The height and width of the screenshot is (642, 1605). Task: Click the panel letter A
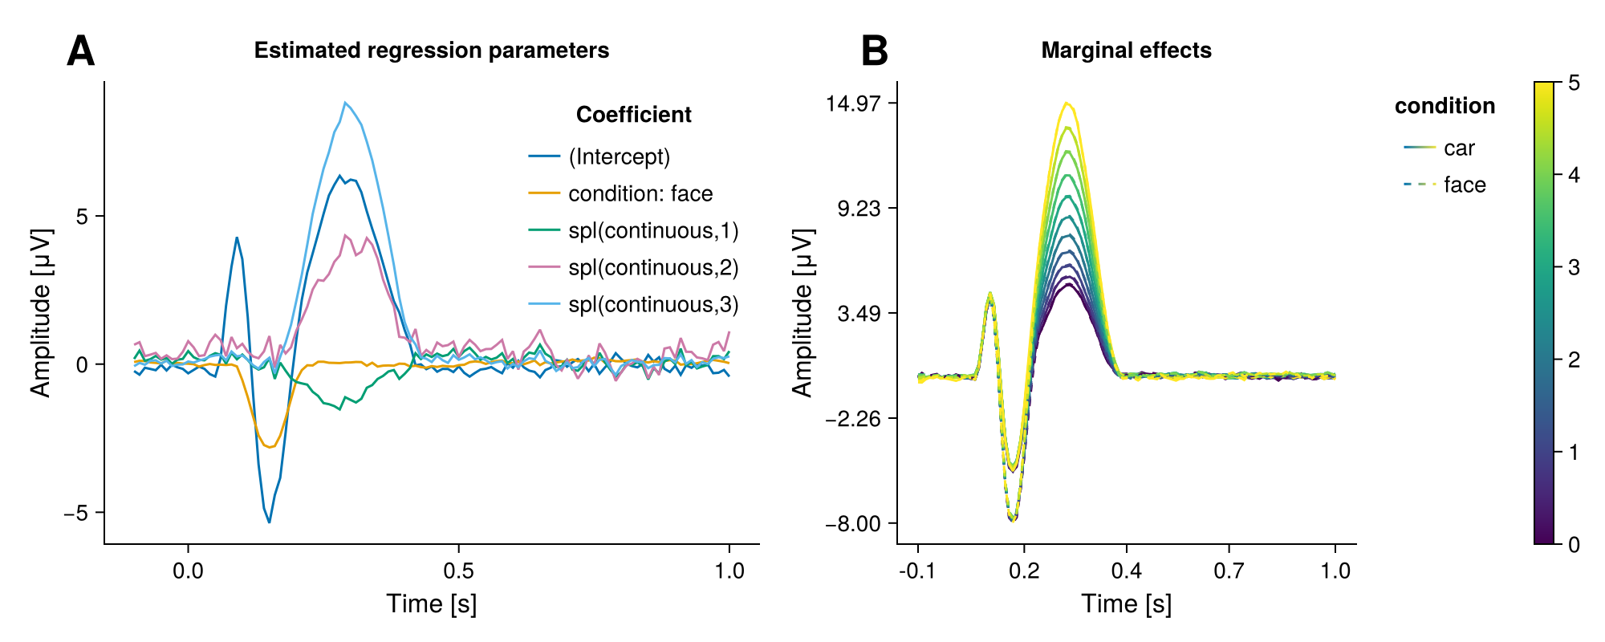point(81,51)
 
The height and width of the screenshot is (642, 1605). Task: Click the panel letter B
point(875,51)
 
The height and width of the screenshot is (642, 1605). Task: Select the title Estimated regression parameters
point(432,51)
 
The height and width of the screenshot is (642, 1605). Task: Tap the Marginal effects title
point(1126,51)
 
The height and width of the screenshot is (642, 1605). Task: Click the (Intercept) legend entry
point(619,156)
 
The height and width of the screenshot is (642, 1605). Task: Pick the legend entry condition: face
point(640,193)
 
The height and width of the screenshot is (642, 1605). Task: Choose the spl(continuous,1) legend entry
point(653,231)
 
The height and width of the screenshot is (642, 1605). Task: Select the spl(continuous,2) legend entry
point(653,268)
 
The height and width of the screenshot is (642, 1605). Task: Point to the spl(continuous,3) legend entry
point(653,305)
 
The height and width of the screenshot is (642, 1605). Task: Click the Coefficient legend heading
point(633,115)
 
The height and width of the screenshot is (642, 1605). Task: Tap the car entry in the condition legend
point(1459,148)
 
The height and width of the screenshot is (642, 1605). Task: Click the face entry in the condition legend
point(1465,185)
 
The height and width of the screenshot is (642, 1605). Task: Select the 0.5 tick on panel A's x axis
point(458,571)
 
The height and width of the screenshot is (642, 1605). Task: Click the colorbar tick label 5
point(1574,83)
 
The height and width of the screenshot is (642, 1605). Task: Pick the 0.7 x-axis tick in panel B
point(1229,571)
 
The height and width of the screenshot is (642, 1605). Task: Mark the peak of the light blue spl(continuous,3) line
point(345,103)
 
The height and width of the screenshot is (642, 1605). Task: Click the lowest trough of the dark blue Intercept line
point(269,522)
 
